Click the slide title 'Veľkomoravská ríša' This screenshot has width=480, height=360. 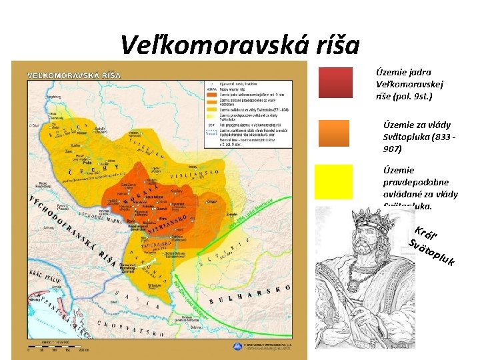[240, 45]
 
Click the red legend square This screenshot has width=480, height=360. [335, 83]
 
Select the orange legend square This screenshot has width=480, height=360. [335, 133]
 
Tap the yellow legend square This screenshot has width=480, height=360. [335, 182]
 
